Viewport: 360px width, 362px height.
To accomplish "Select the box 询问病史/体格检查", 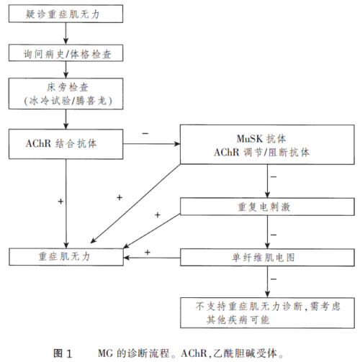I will point(64,54).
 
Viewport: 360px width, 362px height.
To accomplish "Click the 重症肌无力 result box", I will point(64,255).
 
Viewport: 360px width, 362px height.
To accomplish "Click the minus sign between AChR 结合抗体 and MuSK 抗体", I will point(145,134).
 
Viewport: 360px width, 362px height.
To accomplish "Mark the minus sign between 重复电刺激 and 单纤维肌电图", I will point(274,233).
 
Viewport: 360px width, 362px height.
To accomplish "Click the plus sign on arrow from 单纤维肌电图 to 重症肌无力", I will point(148,252).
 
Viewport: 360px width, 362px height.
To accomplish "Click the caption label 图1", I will point(63,353).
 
